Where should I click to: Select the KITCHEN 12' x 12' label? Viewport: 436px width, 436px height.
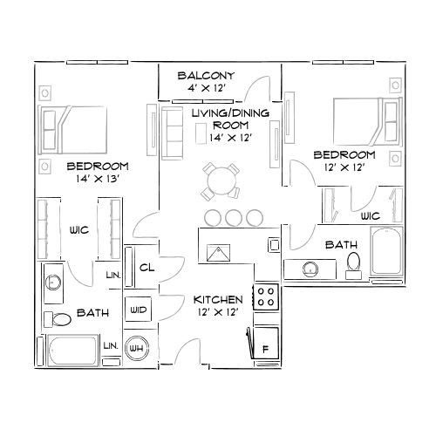click(218, 305)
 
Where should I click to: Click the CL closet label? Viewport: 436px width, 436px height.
click(146, 268)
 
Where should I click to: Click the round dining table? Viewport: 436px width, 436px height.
click(221, 182)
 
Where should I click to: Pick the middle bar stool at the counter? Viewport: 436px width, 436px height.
click(233, 216)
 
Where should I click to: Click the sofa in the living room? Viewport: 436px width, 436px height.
click(172, 132)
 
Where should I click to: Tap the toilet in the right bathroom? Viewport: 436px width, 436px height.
click(353, 262)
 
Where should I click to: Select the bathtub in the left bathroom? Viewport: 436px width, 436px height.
click(72, 353)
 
